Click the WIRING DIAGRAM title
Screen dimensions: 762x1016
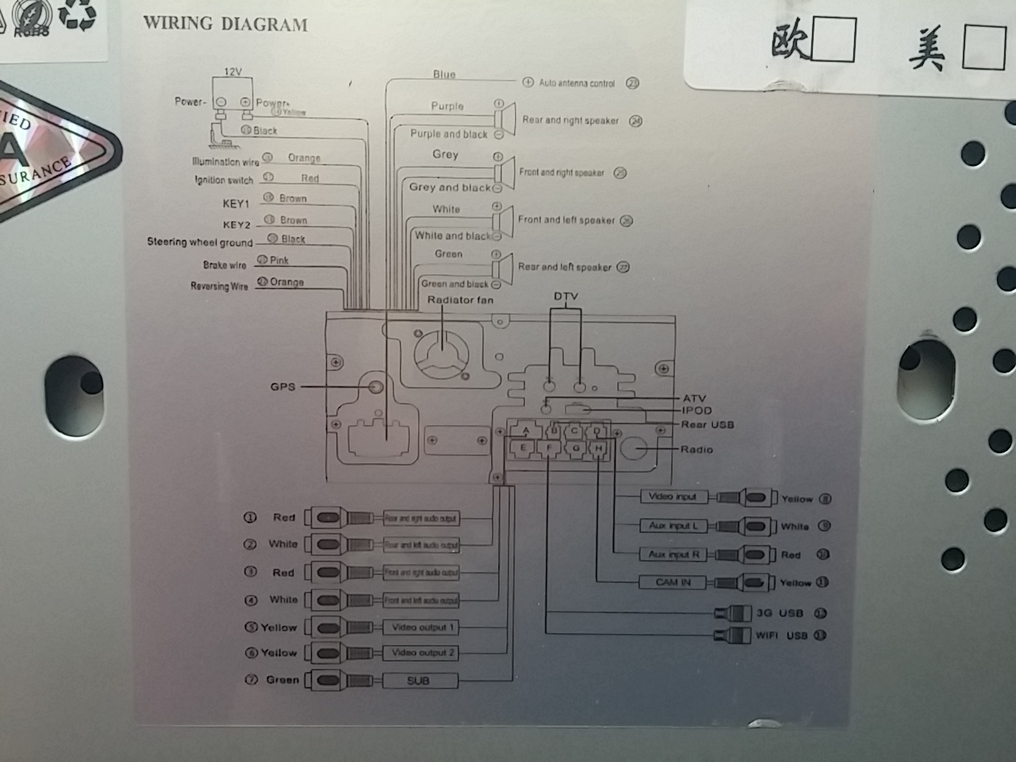(x=225, y=24)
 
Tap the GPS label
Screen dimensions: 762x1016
(x=283, y=387)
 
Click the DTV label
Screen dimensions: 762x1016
(x=566, y=297)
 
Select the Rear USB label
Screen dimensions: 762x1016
(x=707, y=425)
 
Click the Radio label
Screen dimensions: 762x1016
(x=696, y=449)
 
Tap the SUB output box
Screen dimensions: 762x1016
(x=418, y=680)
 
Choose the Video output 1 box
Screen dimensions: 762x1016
(x=421, y=627)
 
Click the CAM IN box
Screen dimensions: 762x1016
(x=673, y=582)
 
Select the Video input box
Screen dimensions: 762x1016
(x=672, y=497)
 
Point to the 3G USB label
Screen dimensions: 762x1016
(x=779, y=613)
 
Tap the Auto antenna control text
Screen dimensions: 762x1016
(x=577, y=83)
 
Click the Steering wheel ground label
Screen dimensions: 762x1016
(x=199, y=242)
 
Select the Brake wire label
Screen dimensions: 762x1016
(x=225, y=265)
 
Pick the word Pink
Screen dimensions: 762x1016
(x=279, y=260)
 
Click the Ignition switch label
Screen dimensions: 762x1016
(x=224, y=180)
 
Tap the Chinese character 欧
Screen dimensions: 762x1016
(x=791, y=42)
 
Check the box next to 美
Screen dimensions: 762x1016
(x=983, y=47)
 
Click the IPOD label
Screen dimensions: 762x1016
(x=697, y=411)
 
